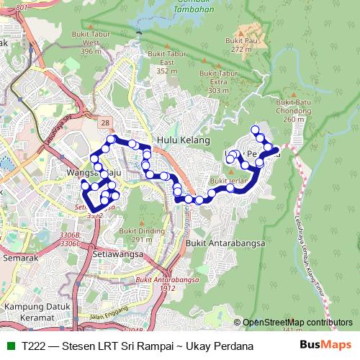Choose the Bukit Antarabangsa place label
click(x=225, y=243)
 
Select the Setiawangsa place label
click(x=117, y=253)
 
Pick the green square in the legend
click(x=9, y=346)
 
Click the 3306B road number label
click(x=71, y=235)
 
